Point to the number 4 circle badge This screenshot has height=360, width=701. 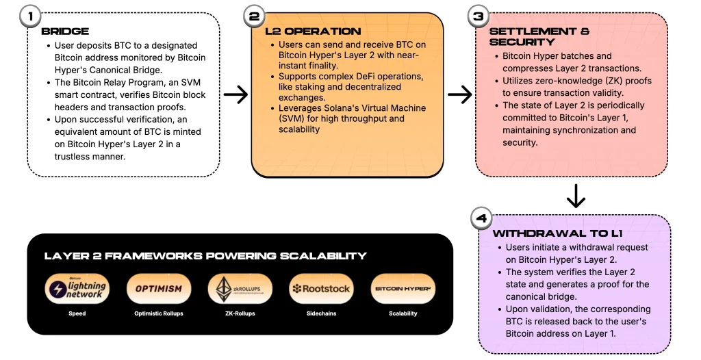coord(481,219)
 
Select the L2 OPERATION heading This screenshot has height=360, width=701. coord(313,31)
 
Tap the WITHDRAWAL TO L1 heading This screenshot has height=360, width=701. coord(551,234)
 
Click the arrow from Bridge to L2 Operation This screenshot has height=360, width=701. coord(235,94)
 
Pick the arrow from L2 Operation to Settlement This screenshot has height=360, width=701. coord(459,94)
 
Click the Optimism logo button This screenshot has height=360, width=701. coord(158,288)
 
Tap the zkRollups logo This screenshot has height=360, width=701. coord(240,288)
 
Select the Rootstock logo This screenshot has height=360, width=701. coord(320,288)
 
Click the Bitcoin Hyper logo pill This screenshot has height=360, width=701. coord(402,288)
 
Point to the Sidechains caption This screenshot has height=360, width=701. coord(320,313)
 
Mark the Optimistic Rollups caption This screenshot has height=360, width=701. coord(158,313)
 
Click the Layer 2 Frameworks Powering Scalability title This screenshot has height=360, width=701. coord(205,256)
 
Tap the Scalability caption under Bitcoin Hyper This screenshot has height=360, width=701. coord(402,313)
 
